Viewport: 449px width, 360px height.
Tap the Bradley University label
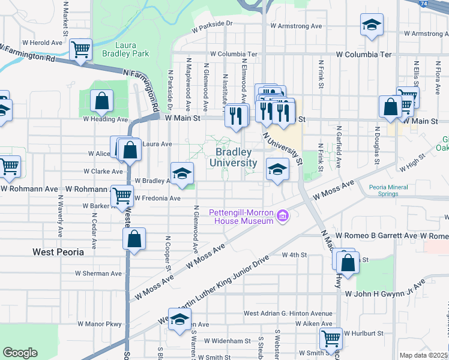[233, 157]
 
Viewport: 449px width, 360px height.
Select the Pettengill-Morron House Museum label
[241, 217]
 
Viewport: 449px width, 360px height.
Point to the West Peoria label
[59, 253]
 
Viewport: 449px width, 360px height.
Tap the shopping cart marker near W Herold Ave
[80, 49]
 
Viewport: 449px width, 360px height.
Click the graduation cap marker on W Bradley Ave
[182, 173]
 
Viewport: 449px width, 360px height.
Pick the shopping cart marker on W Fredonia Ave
[122, 195]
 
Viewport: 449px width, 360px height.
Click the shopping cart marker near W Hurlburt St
[330, 338]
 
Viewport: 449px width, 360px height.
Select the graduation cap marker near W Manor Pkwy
[179, 320]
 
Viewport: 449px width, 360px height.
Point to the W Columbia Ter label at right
[364, 55]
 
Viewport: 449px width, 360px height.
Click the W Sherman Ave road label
[99, 273]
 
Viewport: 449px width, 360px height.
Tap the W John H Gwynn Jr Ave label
[382, 293]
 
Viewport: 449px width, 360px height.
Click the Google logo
[20, 353]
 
